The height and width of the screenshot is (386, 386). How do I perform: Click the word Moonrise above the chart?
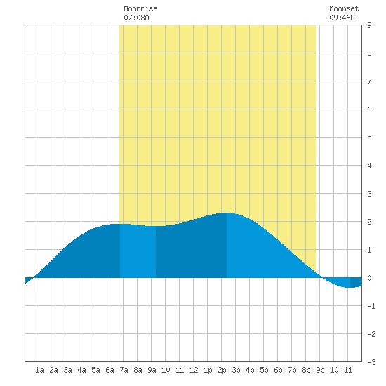pyautogui.click(x=140, y=8)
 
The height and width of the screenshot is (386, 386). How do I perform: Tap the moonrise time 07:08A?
pyautogui.click(x=136, y=18)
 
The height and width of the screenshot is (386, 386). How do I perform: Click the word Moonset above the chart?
pyautogui.click(x=344, y=8)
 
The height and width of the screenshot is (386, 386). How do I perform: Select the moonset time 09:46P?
pyautogui.click(x=342, y=18)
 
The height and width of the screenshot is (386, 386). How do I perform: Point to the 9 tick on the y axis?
pyautogui.click(x=369, y=25)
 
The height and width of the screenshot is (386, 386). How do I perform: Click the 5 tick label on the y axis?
pyautogui.click(x=369, y=138)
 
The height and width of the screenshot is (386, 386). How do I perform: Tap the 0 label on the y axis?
pyautogui.click(x=369, y=278)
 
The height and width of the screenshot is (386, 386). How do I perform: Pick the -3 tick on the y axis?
pyautogui.click(x=371, y=362)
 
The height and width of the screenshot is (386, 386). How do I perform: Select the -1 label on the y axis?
pyautogui.click(x=371, y=306)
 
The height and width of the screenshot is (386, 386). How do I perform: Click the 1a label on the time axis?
pyautogui.click(x=39, y=370)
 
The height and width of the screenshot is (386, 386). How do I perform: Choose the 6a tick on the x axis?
pyautogui.click(x=109, y=370)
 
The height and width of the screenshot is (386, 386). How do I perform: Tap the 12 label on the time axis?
pyautogui.click(x=194, y=370)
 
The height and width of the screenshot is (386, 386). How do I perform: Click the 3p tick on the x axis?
pyautogui.click(x=236, y=370)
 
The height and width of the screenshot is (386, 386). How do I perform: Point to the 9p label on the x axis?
pyautogui.click(x=320, y=370)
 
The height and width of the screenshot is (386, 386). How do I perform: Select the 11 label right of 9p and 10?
pyautogui.click(x=348, y=370)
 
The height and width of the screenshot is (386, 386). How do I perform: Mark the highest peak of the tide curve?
pyautogui.click(x=227, y=213)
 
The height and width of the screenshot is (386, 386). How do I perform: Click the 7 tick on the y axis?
pyautogui.click(x=369, y=81)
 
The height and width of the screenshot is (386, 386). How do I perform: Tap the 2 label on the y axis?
pyautogui.click(x=369, y=222)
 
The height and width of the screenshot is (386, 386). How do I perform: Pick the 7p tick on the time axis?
pyautogui.click(x=292, y=370)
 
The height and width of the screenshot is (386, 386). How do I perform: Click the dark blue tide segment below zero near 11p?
pyautogui.click(x=356, y=282)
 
